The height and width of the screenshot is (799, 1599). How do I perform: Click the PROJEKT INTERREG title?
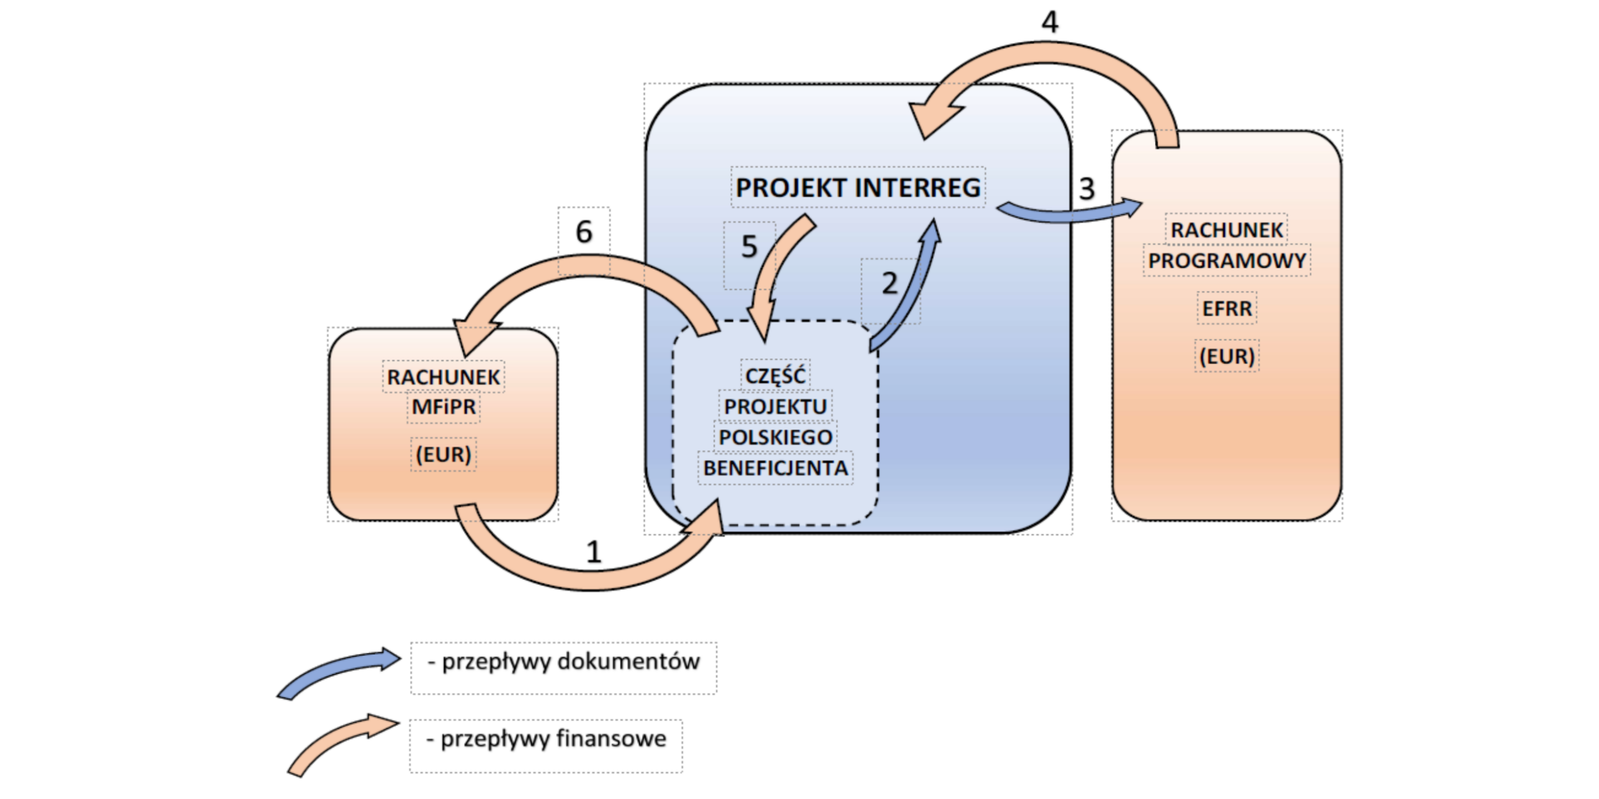tap(858, 187)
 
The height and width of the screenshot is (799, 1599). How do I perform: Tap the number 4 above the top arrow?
tap(1050, 22)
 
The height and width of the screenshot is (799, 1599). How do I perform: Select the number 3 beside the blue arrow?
tap(1087, 189)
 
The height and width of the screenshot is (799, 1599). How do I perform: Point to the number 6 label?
tap(583, 232)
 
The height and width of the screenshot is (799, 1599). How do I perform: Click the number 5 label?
tap(749, 247)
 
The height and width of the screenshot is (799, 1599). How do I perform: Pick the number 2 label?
tap(889, 283)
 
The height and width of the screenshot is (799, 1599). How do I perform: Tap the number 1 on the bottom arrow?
tap(593, 552)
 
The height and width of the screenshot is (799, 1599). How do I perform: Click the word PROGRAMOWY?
tap(1227, 261)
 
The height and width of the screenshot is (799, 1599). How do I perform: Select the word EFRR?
tap(1227, 308)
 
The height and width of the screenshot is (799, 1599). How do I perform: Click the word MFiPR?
tap(443, 407)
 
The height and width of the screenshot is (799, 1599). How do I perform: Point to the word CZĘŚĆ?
tap(775, 375)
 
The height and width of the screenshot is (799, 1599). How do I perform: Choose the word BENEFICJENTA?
tap(775, 468)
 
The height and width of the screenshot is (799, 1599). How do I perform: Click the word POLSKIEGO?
tap(775, 437)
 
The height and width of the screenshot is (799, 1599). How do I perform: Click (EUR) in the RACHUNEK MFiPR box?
tap(443, 454)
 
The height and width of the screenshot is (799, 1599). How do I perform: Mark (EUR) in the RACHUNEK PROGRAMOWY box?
tap(1227, 356)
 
